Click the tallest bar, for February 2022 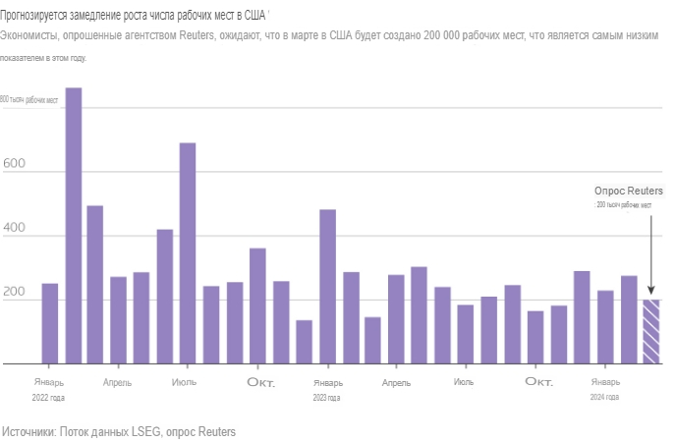tap(73, 226)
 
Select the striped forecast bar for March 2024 tap(651, 332)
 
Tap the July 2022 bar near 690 tap(188, 253)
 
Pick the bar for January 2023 tap(327, 287)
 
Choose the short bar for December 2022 tap(305, 342)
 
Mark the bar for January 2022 tap(50, 323)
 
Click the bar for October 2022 tap(257, 305)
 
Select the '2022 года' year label tap(49, 398)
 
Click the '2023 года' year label tap(327, 398)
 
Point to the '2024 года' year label tap(604, 398)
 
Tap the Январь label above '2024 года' tap(605, 381)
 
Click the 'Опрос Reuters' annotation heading tap(629, 191)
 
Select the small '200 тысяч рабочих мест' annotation tap(625, 205)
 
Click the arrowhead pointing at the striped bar tap(651, 292)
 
